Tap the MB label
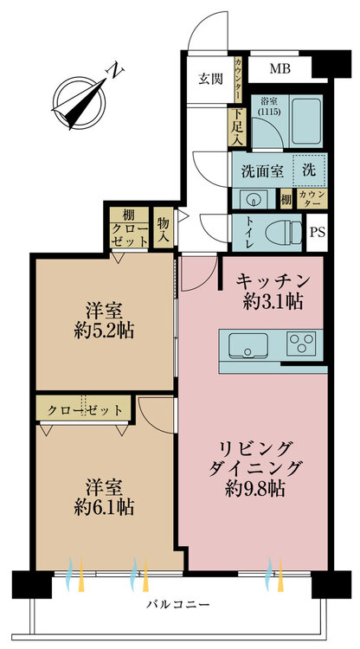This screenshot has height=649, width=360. [x=280, y=68]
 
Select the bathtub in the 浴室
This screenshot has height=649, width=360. [x=305, y=120]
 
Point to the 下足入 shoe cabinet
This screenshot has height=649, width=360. [x=237, y=126]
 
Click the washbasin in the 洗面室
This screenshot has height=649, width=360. [x=253, y=200]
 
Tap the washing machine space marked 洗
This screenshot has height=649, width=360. [x=309, y=170]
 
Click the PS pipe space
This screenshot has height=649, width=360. [x=317, y=232]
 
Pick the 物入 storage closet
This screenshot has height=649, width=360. [x=163, y=228]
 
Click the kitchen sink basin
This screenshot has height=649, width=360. [x=247, y=344]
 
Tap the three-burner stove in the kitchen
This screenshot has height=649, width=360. [x=302, y=344]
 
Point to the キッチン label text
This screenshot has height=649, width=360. [x=273, y=281]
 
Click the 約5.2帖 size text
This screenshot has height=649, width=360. [x=104, y=331]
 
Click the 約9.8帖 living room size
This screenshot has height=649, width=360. [x=255, y=490]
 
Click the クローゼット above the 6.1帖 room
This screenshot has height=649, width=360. [x=84, y=410]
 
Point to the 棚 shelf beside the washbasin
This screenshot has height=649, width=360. [x=286, y=199]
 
